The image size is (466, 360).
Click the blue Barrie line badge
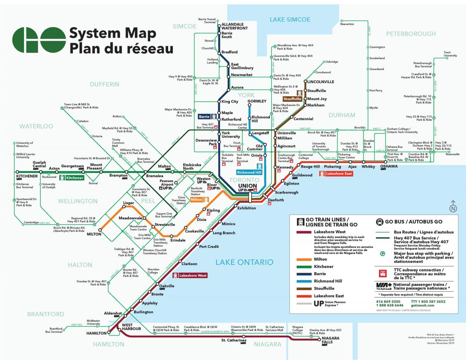[x=207, y=116]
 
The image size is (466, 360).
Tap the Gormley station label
[x=257, y=101]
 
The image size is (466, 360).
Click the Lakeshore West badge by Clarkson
[x=190, y=275]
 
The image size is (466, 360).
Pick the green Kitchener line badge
[x=72, y=178]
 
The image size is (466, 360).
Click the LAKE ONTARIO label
[x=244, y=263]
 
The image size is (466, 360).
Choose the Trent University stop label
[x=450, y=54]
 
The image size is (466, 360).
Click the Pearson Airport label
[x=167, y=183]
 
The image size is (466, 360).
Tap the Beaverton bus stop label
[x=347, y=24]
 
